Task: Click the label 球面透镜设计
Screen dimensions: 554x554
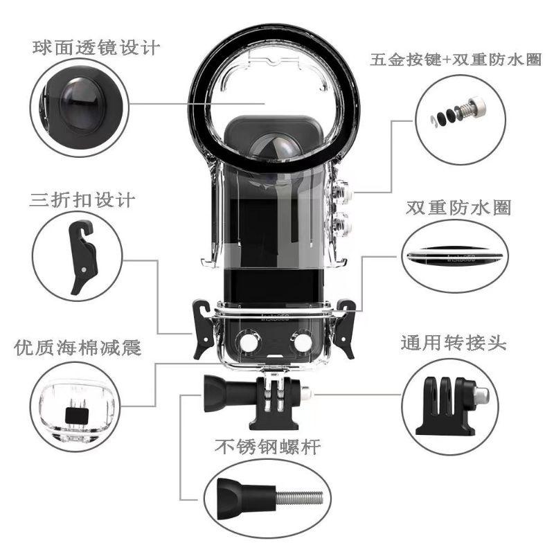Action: (96, 48)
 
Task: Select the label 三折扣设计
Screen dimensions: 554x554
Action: (82, 201)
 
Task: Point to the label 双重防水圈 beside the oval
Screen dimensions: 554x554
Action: (458, 208)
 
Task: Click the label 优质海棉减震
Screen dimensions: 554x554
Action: (78, 347)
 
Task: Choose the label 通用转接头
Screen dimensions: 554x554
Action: (454, 343)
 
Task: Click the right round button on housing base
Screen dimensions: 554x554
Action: (299, 341)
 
